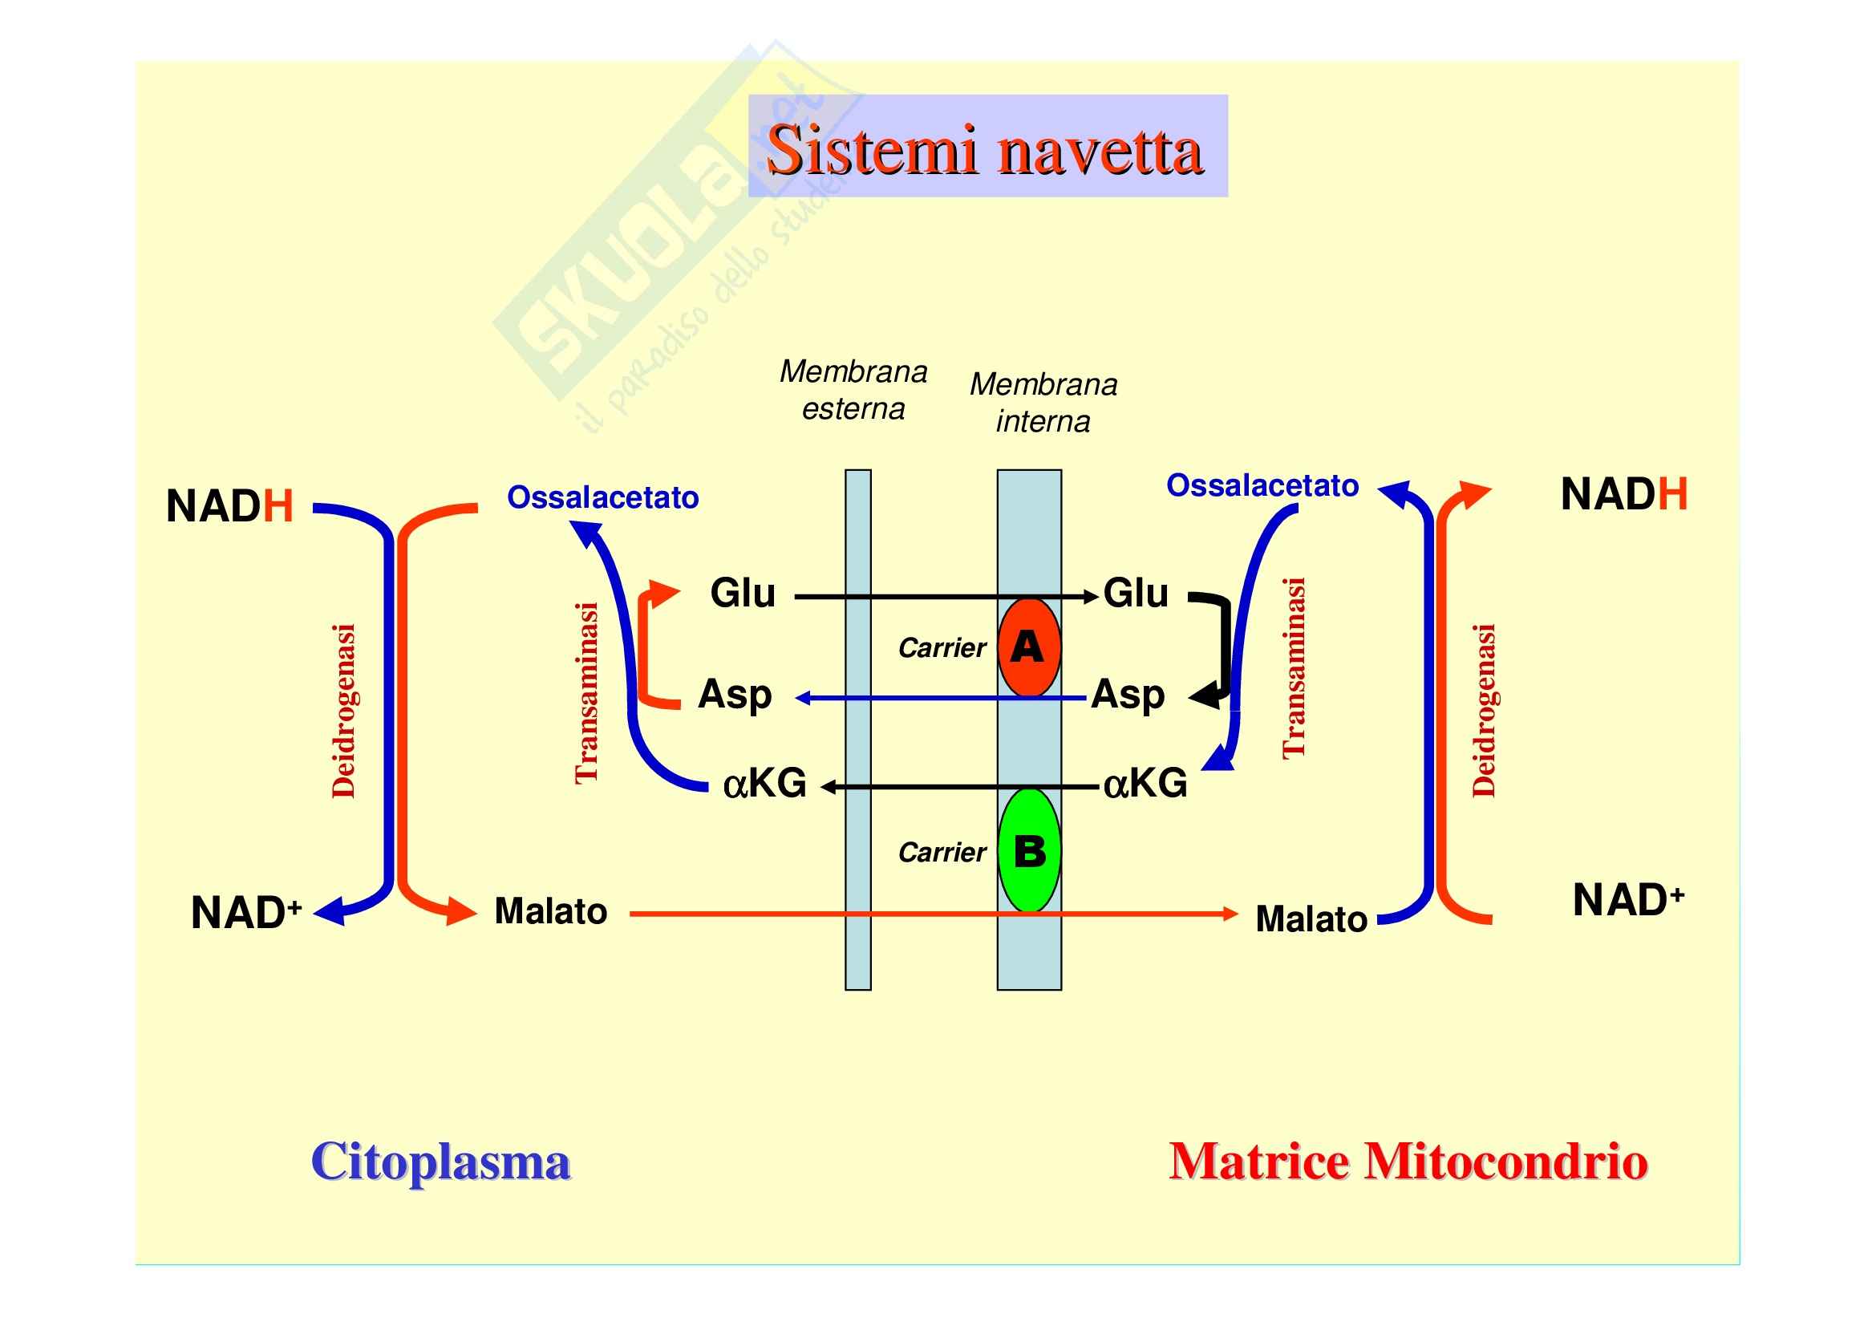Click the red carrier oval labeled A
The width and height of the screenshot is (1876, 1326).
pos(1029,647)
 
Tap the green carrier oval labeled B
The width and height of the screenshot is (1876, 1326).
pos(1030,850)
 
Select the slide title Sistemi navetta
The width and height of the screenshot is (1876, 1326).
pos(987,150)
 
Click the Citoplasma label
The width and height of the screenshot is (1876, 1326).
pos(440,1161)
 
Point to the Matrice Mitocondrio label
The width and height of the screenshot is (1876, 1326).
pos(1408,1161)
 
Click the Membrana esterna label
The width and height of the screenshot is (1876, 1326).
pos(853,390)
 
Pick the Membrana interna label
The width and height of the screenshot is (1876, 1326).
pos(1043,403)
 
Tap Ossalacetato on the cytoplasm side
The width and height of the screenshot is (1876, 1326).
pos(603,497)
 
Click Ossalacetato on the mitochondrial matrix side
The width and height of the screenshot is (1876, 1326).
pos(1262,485)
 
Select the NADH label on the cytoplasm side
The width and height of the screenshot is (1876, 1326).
pos(229,505)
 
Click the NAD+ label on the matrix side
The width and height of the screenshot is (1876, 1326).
pos(1628,900)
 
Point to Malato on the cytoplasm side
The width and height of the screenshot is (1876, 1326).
pos(551,912)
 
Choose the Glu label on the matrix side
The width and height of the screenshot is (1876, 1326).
pos(1136,593)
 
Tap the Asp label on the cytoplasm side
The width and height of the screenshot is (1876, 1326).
pos(735,695)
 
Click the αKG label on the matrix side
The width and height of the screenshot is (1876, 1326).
pos(1145,784)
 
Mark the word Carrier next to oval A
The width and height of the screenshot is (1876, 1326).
pos(942,648)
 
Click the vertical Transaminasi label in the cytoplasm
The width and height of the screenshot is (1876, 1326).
pos(587,693)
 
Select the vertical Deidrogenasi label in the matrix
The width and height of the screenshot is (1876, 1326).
pos(1484,711)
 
